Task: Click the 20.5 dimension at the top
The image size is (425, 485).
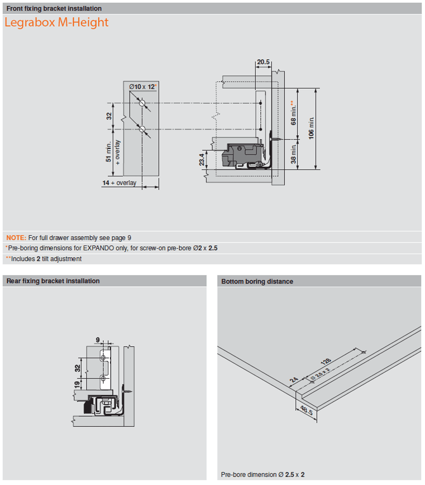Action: pos(263,62)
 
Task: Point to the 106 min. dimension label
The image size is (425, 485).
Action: pos(312,128)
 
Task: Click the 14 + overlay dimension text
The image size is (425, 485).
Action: pos(119,183)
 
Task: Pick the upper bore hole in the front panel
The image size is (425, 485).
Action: pos(142,103)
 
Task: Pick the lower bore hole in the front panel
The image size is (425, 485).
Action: pos(142,129)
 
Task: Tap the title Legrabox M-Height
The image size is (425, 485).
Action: pos(56,23)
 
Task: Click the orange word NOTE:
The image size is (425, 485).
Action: pos(16,238)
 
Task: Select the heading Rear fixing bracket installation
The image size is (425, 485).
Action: pos(53,281)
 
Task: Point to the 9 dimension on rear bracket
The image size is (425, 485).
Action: pos(97,339)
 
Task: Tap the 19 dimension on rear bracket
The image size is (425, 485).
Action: pos(77,385)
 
